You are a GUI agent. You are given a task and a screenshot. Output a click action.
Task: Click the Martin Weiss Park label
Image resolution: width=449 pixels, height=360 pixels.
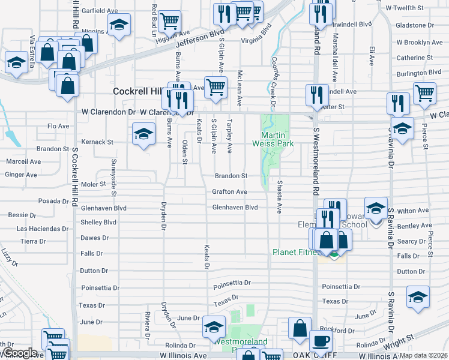pos(277,139)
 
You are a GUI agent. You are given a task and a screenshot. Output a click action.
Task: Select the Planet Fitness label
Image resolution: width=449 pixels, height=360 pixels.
pos(296,252)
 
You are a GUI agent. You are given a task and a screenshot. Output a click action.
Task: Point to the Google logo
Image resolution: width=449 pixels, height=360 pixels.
pos(20,353)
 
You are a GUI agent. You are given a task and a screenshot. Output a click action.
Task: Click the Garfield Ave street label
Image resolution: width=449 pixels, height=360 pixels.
pos(100,11)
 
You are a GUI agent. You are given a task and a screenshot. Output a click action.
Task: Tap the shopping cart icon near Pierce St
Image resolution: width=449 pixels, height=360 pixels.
pos(424,92)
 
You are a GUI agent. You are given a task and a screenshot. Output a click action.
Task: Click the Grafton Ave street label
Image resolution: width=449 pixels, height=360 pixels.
pos(229,192)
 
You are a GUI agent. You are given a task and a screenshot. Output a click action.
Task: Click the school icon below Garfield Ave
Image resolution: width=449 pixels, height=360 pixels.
pos(119,25)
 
